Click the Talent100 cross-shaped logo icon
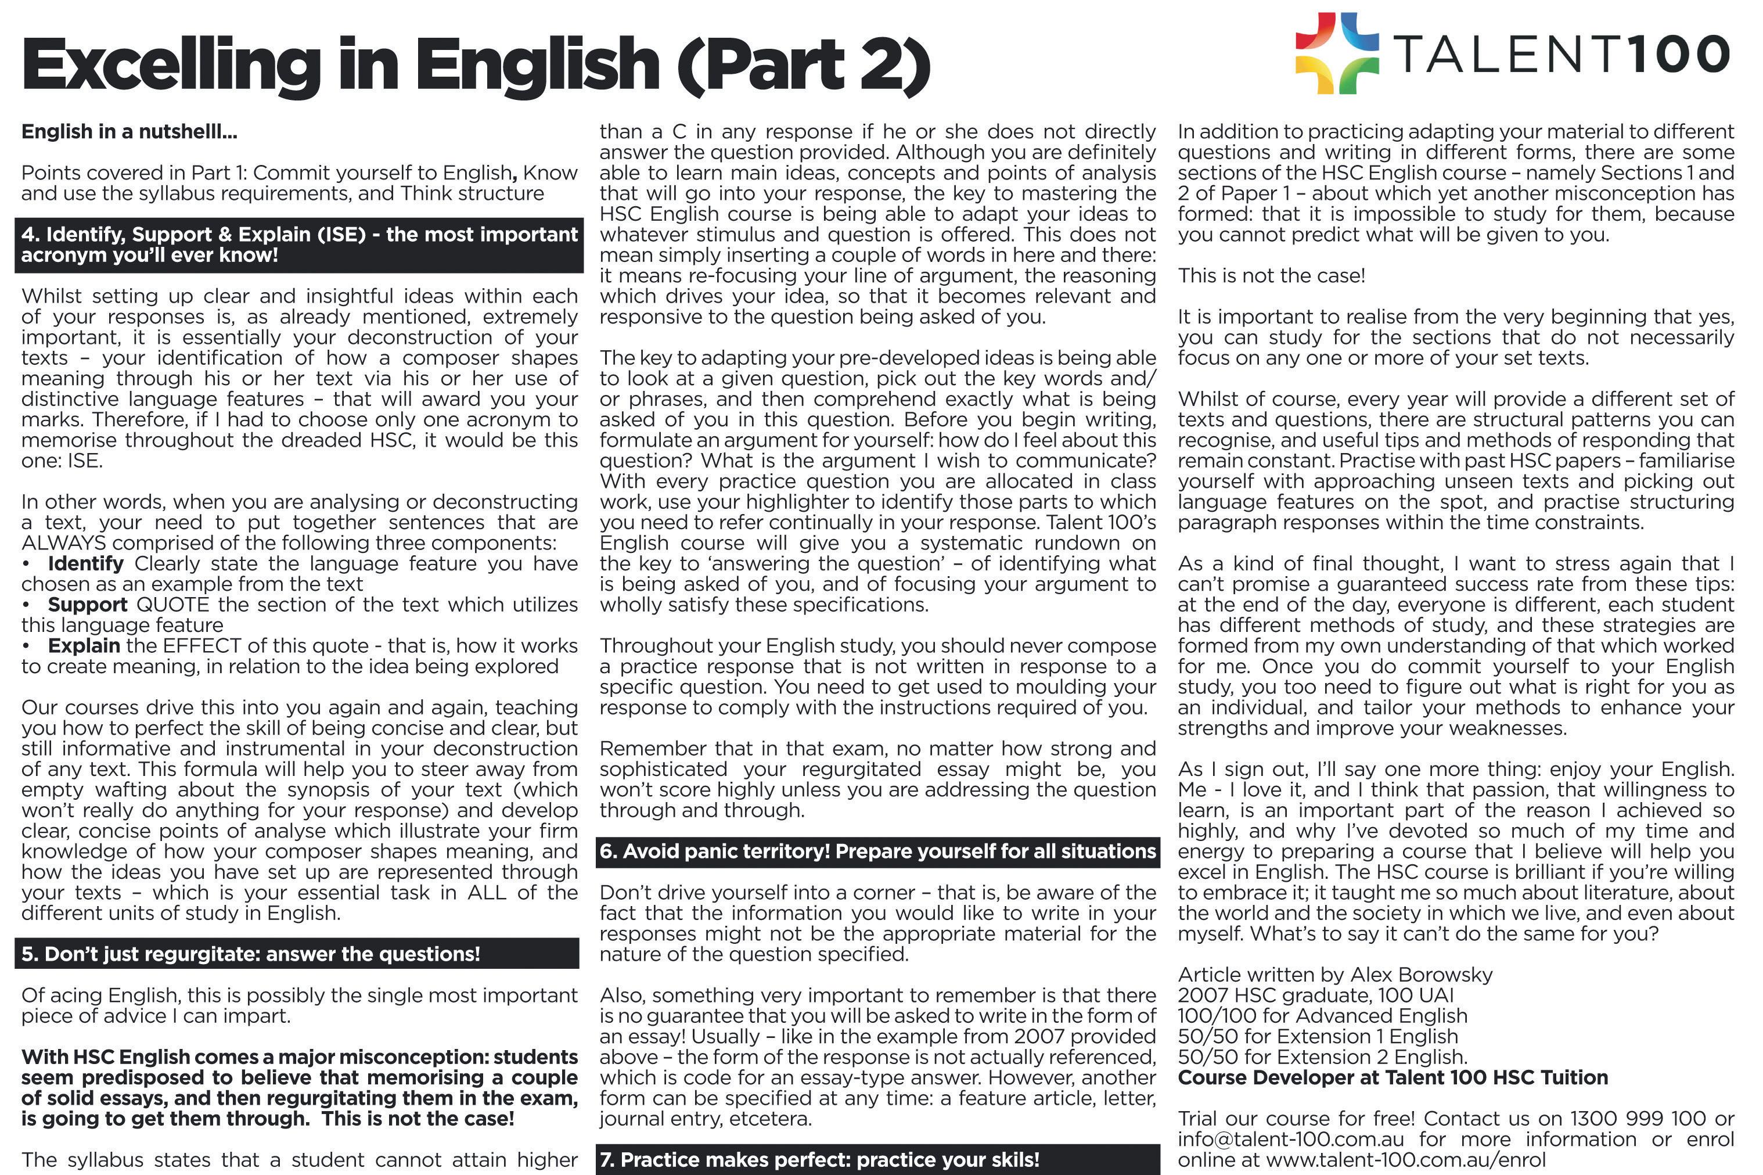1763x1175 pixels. pos(1337,53)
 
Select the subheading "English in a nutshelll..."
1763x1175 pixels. pos(129,132)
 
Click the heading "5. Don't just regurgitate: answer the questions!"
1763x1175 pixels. pos(250,954)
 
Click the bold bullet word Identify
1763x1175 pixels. pos(85,563)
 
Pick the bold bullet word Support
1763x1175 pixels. pos(87,605)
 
